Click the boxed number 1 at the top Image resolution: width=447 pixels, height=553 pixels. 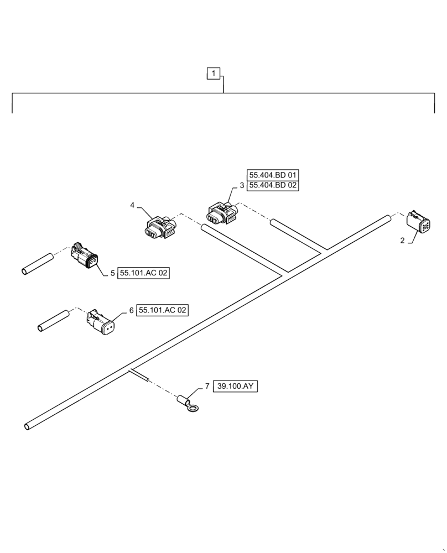tap(214, 73)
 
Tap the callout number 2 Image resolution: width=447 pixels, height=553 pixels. tap(403, 240)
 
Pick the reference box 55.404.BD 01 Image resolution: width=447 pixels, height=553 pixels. tap(273, 175)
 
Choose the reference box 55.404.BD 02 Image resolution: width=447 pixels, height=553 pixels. tap(273, 186)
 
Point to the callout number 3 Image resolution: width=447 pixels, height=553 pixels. tap(242, 186)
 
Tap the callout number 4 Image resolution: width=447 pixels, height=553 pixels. tap(132, 205)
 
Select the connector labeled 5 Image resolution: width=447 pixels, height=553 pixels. tap(85, 257)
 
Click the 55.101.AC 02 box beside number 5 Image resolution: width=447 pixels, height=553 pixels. tap(143, 273)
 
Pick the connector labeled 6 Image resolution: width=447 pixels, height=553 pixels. tap(102, 323)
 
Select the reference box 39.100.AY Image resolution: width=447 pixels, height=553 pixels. tap(235, 387)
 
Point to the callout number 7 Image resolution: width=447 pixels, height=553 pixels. tap(207, 386)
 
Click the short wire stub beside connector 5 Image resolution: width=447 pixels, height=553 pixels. tap(37, 263)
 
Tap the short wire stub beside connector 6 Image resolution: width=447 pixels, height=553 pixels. tap(53, 321)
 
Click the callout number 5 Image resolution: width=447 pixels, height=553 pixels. tap(112, 273)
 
